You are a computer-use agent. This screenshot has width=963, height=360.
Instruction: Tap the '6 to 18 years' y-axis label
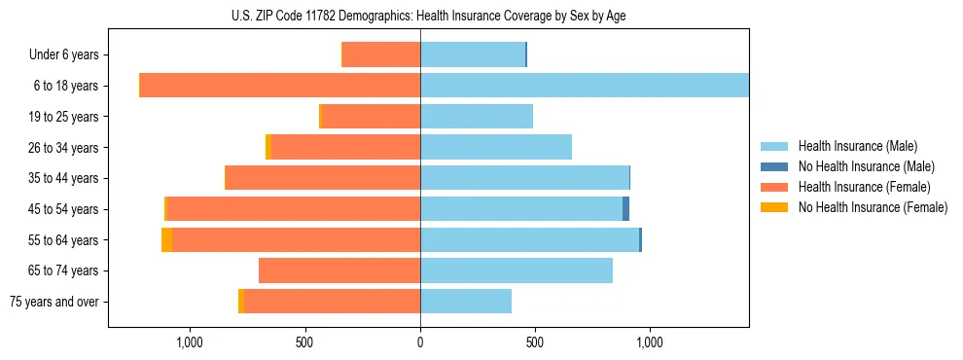pos(65,86)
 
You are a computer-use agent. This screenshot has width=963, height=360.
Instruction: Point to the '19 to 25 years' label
pos(63,117)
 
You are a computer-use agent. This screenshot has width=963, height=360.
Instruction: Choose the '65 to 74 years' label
pos(63,270)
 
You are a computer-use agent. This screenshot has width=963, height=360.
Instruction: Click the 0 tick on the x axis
pos(420,342)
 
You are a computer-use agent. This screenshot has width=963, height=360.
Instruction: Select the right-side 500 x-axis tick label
pos(534,342)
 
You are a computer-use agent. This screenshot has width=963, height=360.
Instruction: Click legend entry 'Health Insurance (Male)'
pos(857,146)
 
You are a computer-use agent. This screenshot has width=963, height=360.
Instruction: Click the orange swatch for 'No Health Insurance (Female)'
pos(774,207)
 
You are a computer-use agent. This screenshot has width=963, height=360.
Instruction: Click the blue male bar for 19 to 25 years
pos(477,117)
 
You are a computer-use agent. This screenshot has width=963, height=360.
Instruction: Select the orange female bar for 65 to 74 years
pos(339,270)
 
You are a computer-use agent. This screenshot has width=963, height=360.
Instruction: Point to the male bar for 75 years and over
pos(466,302)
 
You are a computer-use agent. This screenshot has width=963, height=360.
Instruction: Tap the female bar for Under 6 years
pos(381,54)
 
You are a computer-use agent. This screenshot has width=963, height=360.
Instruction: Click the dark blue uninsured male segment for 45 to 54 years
pos(625,209)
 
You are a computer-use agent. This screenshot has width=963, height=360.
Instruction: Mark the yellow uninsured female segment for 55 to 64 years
pos(166,240)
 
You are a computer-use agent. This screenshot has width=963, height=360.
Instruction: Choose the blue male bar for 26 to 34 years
pos(496,147)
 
